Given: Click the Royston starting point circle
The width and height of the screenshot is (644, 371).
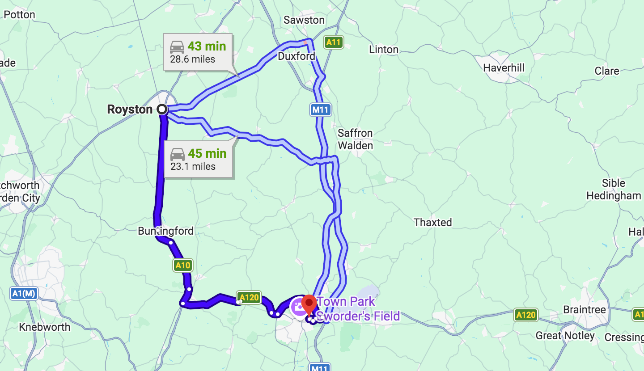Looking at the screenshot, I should click(x=162, y=109).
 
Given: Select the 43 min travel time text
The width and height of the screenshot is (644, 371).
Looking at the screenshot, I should click(x=207, y=46).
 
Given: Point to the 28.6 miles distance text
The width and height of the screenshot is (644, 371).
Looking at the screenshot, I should click(x=192, y=59).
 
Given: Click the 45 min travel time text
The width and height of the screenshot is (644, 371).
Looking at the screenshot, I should click(x=207, y=153).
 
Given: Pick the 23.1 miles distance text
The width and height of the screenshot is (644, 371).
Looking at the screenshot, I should click(x=193, y=166).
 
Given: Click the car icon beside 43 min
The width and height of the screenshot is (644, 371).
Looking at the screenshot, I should click(x=177, y=46).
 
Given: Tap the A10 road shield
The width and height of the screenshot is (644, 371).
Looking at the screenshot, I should click(x=182, y=266).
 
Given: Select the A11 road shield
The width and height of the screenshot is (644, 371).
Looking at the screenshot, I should click(x=334, y=42).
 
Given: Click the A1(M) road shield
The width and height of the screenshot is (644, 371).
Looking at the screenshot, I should click(x=24, y=294).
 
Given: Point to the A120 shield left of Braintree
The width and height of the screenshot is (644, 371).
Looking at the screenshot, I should click(x=525, y=315).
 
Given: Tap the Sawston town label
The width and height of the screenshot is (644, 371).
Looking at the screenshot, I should click(x=304, y=20).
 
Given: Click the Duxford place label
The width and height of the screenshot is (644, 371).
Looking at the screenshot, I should click(x=297, y=56).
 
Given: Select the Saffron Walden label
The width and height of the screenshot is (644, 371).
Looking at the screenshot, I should click(x=355, y=139).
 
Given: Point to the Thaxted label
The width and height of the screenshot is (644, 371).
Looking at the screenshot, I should click(x=432, y=222).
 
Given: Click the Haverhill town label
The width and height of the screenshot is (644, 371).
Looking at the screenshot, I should click(x=504, y=68).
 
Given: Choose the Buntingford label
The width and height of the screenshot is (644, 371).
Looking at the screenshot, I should click(x=165, y=231).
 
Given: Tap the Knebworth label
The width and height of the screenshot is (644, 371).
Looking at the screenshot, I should click(x=45, y=327).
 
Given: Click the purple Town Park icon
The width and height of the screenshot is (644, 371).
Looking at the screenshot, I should click(x=298, y=307).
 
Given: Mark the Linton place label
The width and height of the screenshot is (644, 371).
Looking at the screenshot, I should click(x=384, y=50).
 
